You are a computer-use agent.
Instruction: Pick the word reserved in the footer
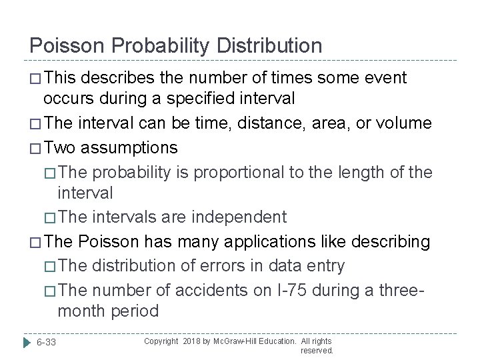pyautogui.click(x=317, y=349)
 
